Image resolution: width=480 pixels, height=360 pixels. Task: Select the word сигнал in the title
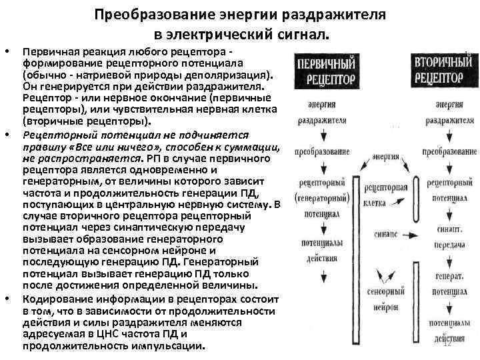pyautogui.click(x=301, y=34)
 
